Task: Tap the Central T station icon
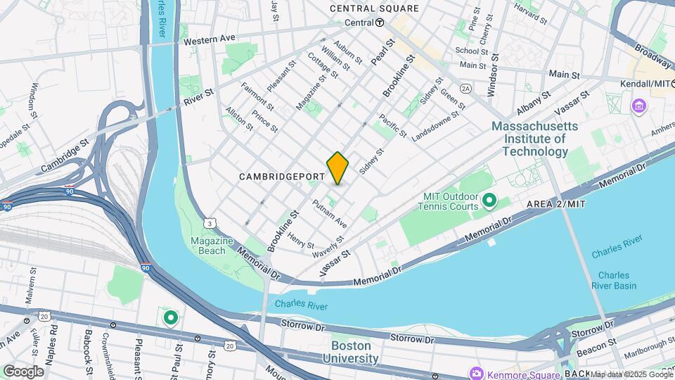380,23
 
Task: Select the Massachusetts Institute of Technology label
534,139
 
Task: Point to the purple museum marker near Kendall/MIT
639,106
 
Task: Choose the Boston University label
350,352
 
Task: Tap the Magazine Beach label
212,246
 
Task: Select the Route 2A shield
465,89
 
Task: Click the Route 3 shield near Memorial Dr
210,223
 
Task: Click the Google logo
23,371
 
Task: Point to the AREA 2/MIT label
555,203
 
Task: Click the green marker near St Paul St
170,317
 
